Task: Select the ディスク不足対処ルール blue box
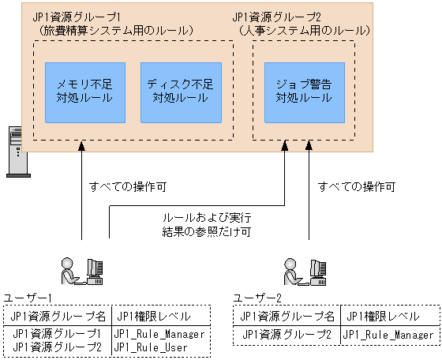[x=178, y=92]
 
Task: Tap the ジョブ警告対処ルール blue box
[x=303, y=92]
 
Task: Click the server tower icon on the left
[x=14, y=149]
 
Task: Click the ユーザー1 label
[x=28, y=297]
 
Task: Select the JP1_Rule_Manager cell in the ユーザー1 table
[x=159, y=334]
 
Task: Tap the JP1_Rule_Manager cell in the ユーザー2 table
[x=388, y=334]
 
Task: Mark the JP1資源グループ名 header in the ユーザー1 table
[x=58, y=316]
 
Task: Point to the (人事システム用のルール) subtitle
[x=304, y=31]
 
